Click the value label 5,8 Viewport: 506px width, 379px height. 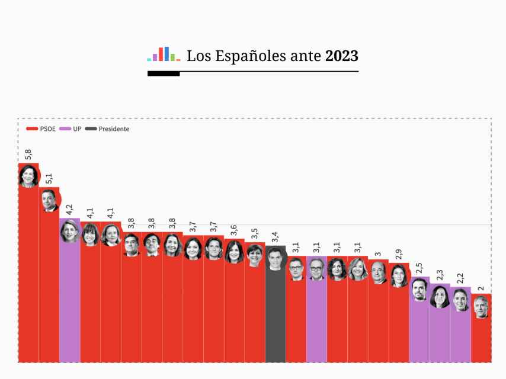(28, 155)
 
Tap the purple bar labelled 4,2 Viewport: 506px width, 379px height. (70, 302)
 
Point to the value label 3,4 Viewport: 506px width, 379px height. (275, 237)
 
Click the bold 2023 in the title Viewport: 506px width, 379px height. (342, 56)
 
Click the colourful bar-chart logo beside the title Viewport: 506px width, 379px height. (164, 54)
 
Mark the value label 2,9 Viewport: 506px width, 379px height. (399, 255)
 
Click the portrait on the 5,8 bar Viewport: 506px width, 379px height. (28, 176)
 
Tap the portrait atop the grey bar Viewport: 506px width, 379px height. (275, 259)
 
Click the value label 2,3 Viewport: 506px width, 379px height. (440, 275)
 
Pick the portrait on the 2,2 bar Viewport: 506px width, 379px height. (460, 300)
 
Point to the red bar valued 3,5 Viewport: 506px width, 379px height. (255, 314)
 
